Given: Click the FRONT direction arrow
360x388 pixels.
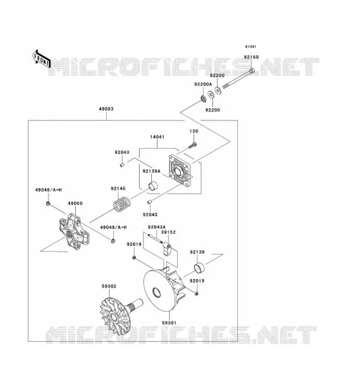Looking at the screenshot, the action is pyautogui.click(x=42, y=59).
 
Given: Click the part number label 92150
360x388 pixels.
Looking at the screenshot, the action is pyautogui.click(x=251, y=57).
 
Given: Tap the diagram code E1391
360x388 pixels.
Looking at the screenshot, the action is pyautogui.click(x=250, y=47).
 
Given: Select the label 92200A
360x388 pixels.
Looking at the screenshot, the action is pyautogui.click(x=203, y=84).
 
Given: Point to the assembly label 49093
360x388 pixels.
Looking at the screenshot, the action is pyautogui.click(x=106, y=109).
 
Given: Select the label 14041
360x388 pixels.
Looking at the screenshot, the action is pyautogui.click(x=157, y=137).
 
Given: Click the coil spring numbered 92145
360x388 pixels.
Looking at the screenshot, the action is pyautogui.click(x=122, y=204).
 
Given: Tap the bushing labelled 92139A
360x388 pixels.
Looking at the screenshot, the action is pyautogui.click(x=153, y=186).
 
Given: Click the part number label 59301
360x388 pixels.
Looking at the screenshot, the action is pyautogui.click(x=169, y=323).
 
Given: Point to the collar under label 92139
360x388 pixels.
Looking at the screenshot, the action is pyautogui.click(x=199, y=268).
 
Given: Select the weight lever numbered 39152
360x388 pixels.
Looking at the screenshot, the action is pyautogui.click(x=166, y=249).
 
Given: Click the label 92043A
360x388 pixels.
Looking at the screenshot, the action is pyautogui.click(x=157, y=227).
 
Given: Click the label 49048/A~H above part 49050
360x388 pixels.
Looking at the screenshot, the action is pyautogui.click(x=49, y=190).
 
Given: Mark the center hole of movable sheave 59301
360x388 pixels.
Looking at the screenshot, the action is pyautogui.click(x=156, y=292).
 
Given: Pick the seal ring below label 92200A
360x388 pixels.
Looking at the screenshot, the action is pyautogui.click(x=203, y=99).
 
